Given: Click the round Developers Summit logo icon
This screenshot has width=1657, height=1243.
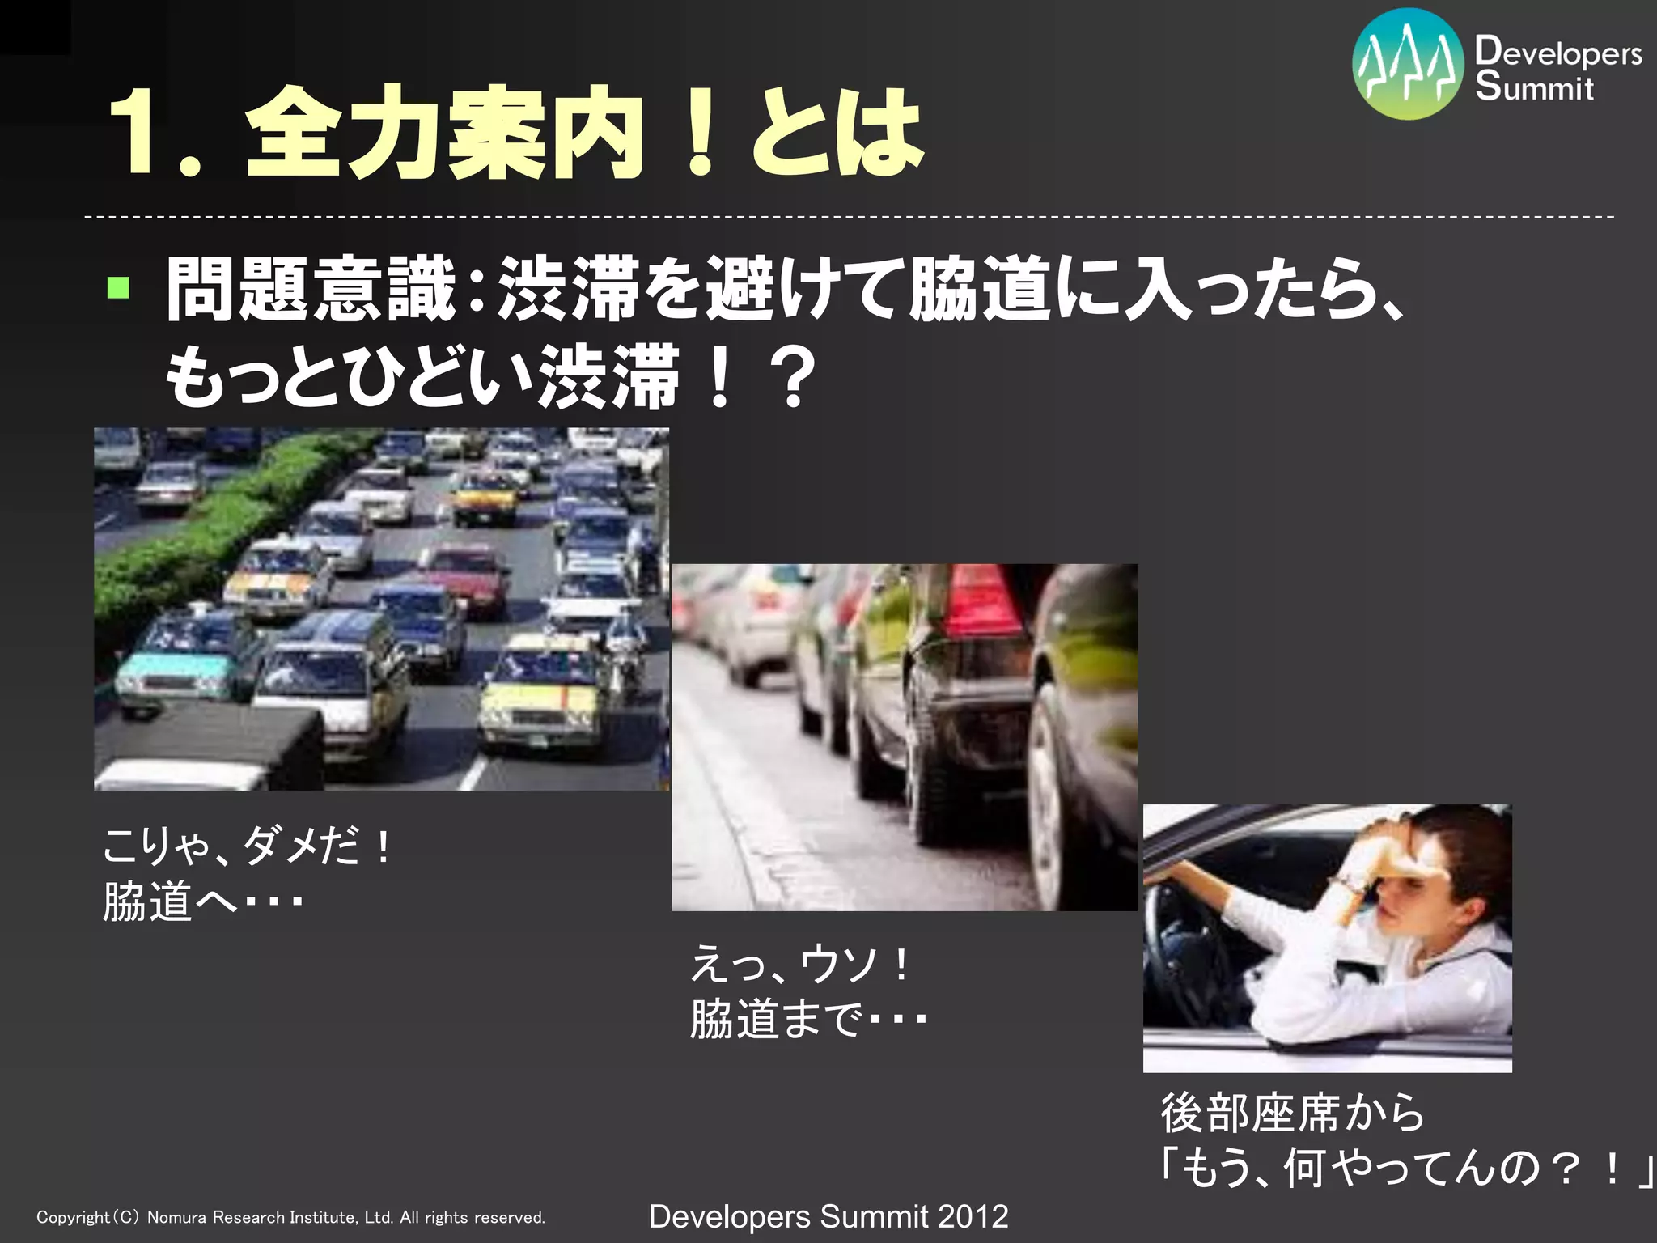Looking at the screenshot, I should (1408, 65).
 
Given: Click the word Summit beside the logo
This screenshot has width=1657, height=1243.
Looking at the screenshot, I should (1534, 87).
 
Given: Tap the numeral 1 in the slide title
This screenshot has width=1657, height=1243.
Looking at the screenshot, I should (133, 134).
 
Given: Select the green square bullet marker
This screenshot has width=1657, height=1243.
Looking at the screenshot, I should (118, 287).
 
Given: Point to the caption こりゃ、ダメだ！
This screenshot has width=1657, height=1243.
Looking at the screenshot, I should (247, 846).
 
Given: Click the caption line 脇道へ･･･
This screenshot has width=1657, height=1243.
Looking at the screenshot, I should (202, 901).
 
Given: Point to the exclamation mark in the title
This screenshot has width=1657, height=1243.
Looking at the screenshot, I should (700, 134).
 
